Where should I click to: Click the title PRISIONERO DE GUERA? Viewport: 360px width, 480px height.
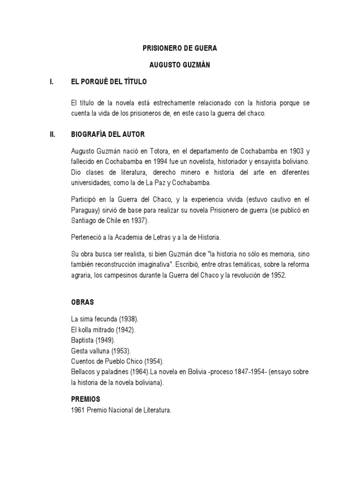click(180, 48)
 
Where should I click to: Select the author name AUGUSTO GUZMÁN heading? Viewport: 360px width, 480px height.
click(180, 65)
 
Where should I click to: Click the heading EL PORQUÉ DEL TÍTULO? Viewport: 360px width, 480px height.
click(109, 82)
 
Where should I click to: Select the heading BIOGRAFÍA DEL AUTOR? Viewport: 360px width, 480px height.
click(108, 135)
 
